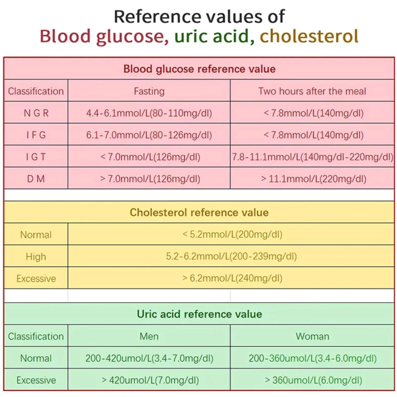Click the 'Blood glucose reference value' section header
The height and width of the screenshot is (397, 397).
pos(199,69)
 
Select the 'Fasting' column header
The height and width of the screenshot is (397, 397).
pos(149,91)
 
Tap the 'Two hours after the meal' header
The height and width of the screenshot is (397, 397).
pos(312,91)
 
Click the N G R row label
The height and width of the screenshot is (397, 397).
pos(36,113)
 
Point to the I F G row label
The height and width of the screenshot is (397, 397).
pos(36,135)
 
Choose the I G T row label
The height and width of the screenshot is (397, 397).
pos(36,157)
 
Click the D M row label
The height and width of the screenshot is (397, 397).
pos(36,179)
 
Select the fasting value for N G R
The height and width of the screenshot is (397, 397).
pos(149,113)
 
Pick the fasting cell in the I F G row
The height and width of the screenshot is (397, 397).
pos(149,135)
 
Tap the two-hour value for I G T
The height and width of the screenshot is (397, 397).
pos(312,157)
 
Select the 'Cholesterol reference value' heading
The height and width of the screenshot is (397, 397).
pos(199,212)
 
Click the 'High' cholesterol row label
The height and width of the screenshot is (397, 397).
pos(36,257)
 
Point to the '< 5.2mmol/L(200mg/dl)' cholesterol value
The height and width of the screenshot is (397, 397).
pos(232,235)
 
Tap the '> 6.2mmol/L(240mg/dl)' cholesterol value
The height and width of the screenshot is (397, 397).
pos(232,278)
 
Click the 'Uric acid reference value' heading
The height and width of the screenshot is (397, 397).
pos(199,314)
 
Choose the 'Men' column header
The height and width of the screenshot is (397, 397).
pos(149,336)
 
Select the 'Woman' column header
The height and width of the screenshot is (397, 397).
pos(312,336)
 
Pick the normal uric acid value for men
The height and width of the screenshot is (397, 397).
pos(149,358)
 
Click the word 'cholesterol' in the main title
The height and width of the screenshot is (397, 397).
pos(309,36)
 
